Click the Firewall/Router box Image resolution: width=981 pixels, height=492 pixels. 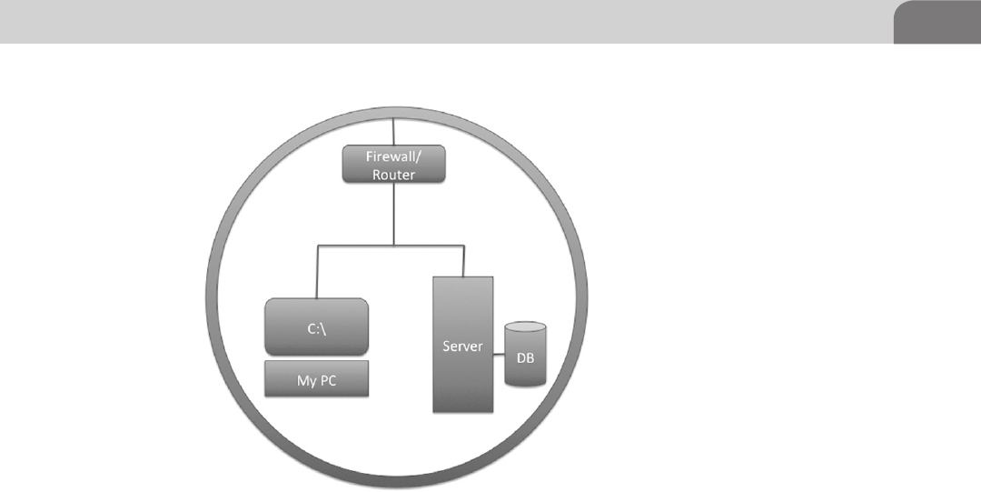[393, 165]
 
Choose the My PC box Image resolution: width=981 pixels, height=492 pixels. [317, 379]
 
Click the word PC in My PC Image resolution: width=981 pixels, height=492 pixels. [329, 380]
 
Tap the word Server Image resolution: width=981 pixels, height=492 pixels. [463, 346]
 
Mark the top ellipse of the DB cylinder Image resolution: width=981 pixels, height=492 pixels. [524, 327]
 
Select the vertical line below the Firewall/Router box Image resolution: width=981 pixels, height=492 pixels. [393, 213]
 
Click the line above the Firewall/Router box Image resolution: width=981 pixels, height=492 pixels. [393, 132]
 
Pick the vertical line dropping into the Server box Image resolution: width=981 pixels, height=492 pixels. [463, 260]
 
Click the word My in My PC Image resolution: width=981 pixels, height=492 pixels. [306, 380]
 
